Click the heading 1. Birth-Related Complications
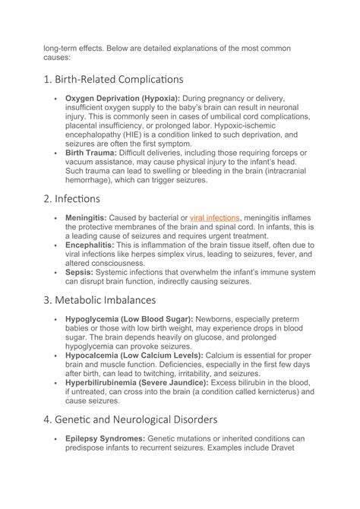pyautogui.click(x=113, y=78)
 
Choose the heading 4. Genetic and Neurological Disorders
pyautogui.click(x=132, y=419)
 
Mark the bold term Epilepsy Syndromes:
pyautogui.click(x=105, y=438)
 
